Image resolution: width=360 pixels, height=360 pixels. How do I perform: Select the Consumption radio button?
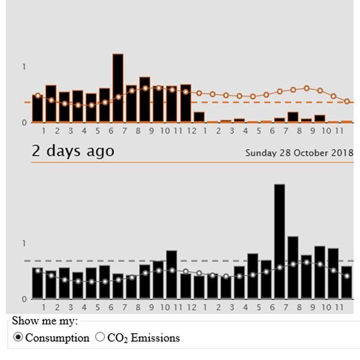point(18,337)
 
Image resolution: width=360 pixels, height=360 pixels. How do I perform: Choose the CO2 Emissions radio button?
point(100,337)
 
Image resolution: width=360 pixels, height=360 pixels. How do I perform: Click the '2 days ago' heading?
point(73,151)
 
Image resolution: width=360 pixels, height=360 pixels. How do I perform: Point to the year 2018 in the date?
point(342,153)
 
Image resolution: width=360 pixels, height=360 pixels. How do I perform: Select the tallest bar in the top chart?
point(118,88)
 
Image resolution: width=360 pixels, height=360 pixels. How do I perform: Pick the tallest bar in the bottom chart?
point(279,241)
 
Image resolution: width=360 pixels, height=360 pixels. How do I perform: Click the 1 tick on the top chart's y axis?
point(24,67)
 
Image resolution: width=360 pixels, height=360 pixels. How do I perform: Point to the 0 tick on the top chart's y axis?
point(24,122)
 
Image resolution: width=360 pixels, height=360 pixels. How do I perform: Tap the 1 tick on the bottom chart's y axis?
point(24,244)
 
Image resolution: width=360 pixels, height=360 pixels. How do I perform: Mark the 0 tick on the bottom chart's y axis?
point(24,299)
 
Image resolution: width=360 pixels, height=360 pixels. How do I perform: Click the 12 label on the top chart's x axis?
point(191,131)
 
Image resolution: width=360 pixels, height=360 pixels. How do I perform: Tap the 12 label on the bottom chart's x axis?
point(191,307)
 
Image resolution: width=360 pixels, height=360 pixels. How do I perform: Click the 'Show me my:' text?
point(45,321)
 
